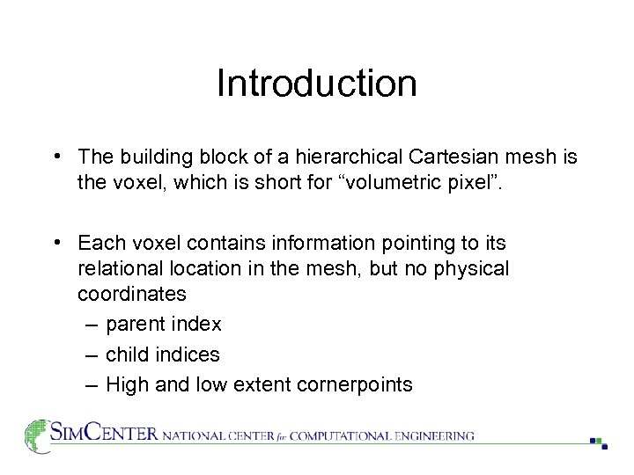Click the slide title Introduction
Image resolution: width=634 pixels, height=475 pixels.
coord(316,84)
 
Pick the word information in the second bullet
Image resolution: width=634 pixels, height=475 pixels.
coord(315,242)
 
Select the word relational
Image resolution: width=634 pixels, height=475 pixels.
coord(117,268)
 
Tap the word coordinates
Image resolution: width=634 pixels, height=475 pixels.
coord(132,294)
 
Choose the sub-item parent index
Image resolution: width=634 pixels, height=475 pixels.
coord(163,324)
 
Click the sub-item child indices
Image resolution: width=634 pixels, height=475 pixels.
coord(162,354)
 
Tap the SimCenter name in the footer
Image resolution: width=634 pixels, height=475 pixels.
coord(104,434)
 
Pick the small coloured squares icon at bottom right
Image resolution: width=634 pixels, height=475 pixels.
coord(599,442)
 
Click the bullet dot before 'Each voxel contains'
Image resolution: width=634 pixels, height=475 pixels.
coord(56,242)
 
